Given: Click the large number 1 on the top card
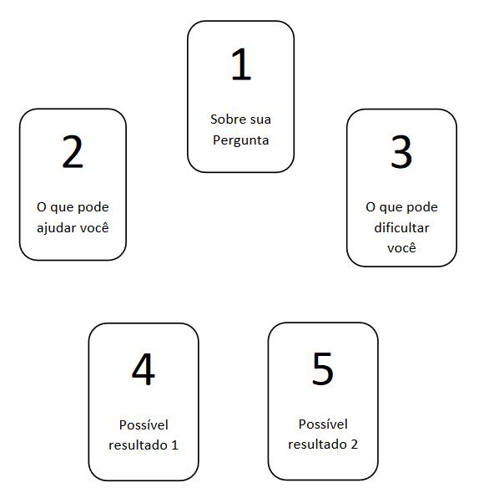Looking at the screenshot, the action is [x=241, y=64].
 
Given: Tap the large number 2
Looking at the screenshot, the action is [x=73, y=151].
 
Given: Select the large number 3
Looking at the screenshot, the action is [x=401, y=151].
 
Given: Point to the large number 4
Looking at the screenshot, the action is [x=144, y=368].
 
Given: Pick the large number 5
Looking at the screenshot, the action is [x=323, y=368].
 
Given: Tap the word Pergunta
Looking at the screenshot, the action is [x=240, y=140].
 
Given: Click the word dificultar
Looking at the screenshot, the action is [x=401, y=228].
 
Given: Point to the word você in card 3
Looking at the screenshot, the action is [x=401, y=247].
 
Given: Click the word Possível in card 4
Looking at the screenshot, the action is [x=144, y=425].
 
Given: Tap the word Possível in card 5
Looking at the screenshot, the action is [x=323, y=424].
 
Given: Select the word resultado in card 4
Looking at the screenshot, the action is [x=138, y=445].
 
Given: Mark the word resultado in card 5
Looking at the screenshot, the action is [x=317, y=444].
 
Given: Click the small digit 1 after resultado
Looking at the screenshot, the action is [x=174, y=445].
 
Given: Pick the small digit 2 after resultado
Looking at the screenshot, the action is [x=354, y=445].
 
